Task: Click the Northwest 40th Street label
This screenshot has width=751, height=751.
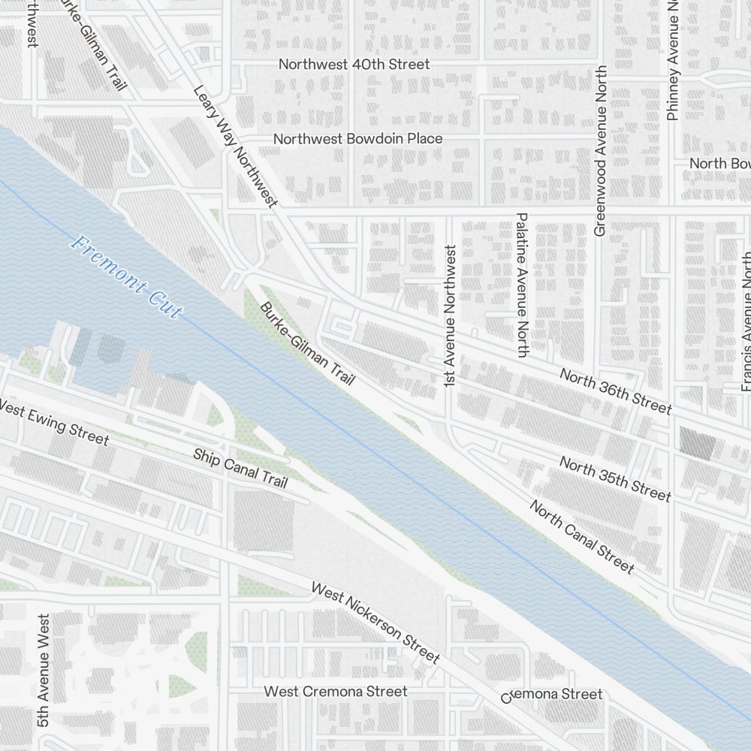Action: pos(354,65)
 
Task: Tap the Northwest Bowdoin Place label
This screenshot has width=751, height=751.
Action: pos(357,139)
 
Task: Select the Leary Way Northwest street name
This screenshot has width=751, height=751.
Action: pos(235,146)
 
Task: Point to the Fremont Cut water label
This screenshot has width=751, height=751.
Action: pos(125,276)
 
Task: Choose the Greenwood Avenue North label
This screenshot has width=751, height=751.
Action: pos(599,150)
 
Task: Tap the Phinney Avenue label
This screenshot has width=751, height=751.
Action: pos(672,60)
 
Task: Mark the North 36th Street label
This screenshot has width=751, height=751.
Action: pos(615,391)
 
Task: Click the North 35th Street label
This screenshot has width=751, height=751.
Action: pos(615,478)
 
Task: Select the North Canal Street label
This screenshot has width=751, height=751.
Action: pos(582,536)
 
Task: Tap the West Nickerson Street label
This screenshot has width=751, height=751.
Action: pos(375,623)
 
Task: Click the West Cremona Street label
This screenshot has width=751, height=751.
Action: pos(336,691)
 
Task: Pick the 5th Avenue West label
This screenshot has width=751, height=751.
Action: pos(44,670)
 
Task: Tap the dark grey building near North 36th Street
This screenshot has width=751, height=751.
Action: pos(697,442)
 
